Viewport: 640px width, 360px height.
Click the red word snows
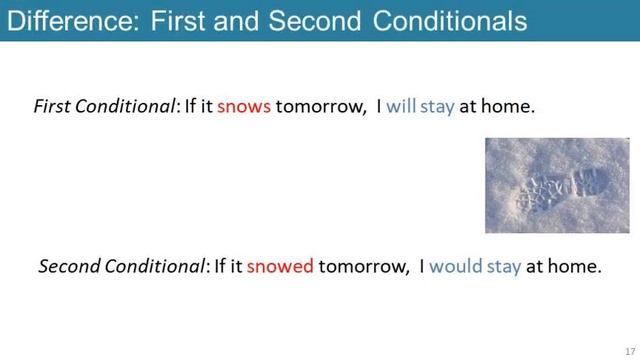[244, 105]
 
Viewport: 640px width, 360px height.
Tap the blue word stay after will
[438, 105]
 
